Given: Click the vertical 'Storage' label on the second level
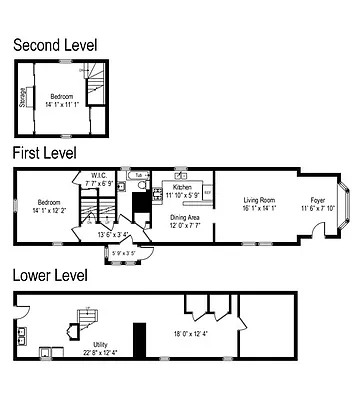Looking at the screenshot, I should (23, 97).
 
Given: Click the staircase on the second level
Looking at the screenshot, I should (94, 86).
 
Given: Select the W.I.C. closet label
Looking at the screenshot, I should (98, 178).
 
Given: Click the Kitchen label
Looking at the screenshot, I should (182, 187).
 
